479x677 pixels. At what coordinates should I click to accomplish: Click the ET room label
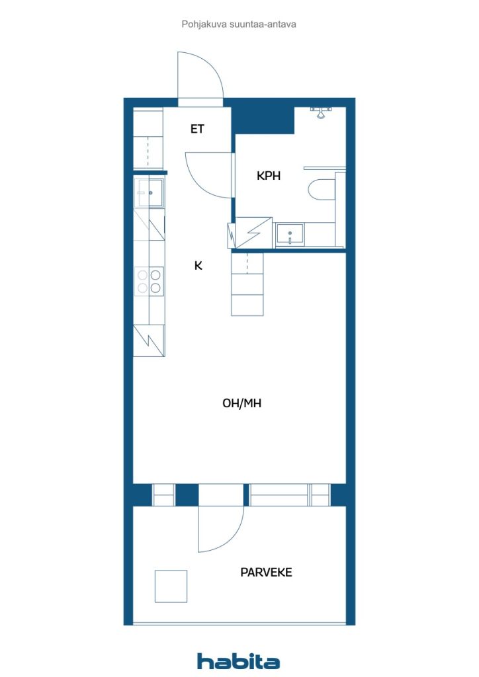click(x=197, y=129)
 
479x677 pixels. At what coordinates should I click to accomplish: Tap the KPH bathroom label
click(x=269, y=176)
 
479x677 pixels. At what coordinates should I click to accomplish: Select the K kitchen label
click(x=198, y=266)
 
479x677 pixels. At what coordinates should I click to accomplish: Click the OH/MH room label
click(x=241, y=403)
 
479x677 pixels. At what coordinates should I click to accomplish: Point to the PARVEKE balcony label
click(x=266, y=572)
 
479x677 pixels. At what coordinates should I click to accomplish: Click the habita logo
click(x=238, y=660)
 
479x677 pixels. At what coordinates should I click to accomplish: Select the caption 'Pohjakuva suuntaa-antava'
click(x=238, y=24)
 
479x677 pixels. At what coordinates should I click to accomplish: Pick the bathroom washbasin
click(x=289, y=235)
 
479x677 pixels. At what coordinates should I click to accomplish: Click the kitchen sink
click(x=150, y=193)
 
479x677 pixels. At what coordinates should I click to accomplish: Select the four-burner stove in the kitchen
click(x=149, y=281)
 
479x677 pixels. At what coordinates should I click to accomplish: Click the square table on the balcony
click(x=171, y=586)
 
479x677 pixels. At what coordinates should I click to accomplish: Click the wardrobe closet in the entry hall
click(x=148, y=139)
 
